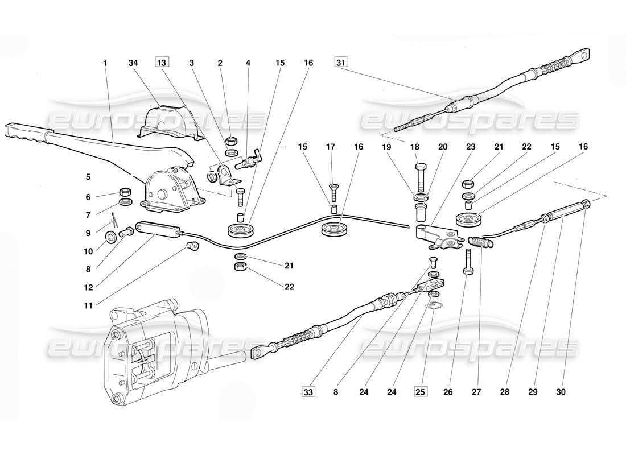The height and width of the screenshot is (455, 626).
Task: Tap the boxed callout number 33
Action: click(x=308, y=391)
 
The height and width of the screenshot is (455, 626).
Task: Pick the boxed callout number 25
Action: click(x=421, y=391)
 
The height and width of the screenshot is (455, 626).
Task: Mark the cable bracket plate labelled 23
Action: click(x=438, y=238)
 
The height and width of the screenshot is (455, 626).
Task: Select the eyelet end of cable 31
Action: click(x=582, y=55)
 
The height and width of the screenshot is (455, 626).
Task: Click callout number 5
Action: click(x=88, y=177)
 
